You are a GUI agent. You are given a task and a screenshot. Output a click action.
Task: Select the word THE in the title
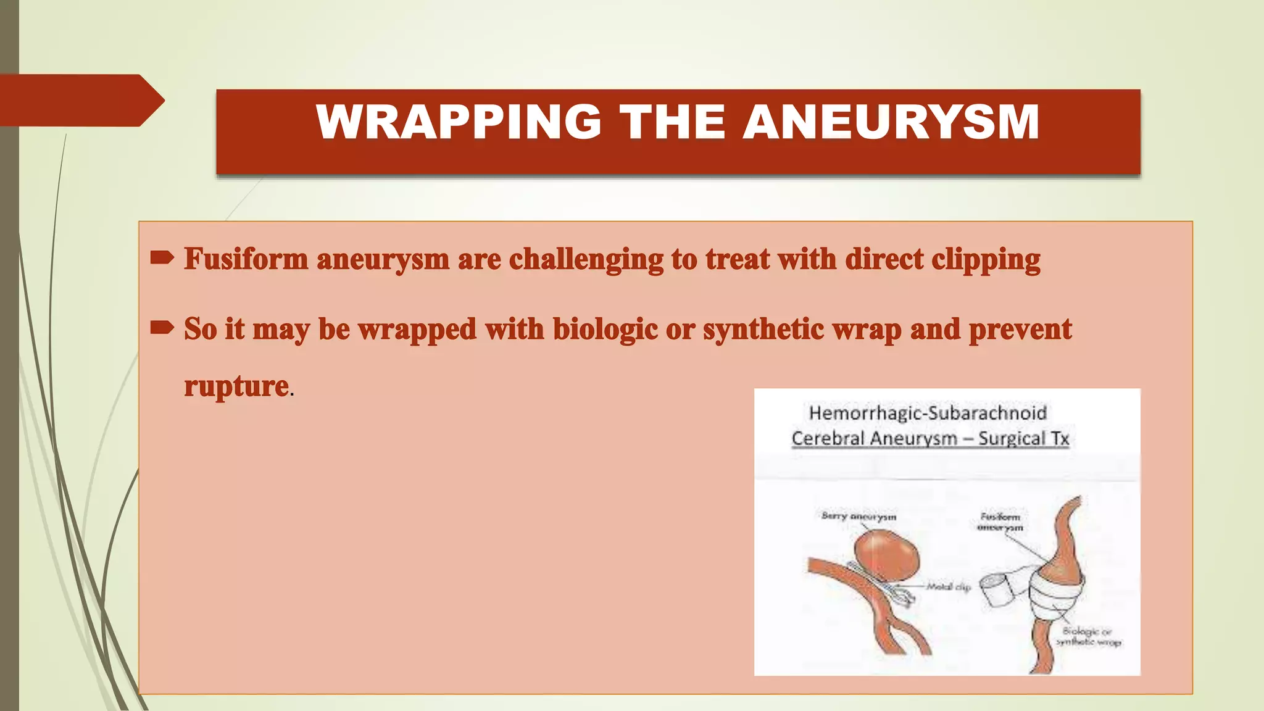[x=672, y=122]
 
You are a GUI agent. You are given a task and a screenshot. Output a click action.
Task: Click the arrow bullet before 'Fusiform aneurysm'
[x=162, y=258]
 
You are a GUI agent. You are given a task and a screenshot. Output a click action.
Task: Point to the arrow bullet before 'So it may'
[x=162, y=328]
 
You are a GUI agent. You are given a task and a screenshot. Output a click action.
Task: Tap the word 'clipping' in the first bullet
[x=986, y=259]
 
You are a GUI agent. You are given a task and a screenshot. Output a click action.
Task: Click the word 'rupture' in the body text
[x=236, y=386]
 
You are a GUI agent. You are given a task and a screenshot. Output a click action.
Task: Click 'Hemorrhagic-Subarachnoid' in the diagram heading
[x=928, y=413]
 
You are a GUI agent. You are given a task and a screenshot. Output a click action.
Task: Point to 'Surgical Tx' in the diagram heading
[x=1023, y=439]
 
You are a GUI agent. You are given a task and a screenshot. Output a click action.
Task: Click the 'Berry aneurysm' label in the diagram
[x=859, y=516]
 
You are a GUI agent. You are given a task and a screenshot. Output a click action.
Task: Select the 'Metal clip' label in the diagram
[x=949, y=587]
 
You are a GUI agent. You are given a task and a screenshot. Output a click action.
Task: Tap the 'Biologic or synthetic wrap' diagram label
[x=1088, y=636]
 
